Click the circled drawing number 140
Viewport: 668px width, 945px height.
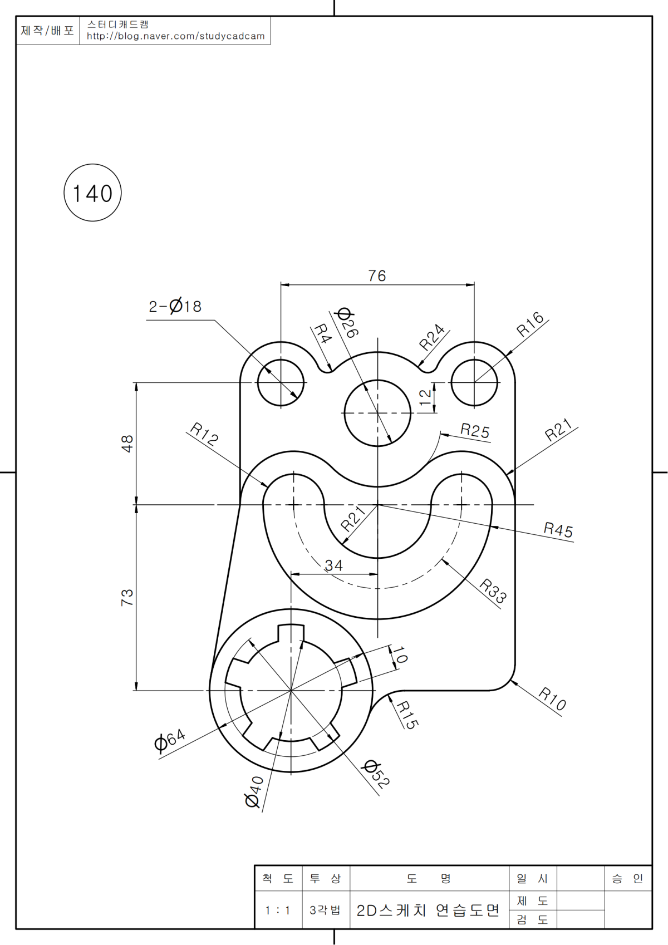(92, 193)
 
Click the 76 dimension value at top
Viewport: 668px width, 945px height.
(377, 275)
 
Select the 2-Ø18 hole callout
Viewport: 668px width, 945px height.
(175, 306)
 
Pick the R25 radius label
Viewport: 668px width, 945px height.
(475, 430)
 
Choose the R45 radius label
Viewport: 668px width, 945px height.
(558, 529)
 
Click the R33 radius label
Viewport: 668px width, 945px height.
(493, 590)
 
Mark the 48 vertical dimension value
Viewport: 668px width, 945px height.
(127, 444)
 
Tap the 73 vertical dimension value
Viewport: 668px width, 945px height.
(127, 597)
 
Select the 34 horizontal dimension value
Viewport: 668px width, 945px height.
(333, 565)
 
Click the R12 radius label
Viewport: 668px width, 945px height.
(204, 434)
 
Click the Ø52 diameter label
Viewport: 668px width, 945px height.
(376, 774)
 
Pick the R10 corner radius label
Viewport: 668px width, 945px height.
(552, 699)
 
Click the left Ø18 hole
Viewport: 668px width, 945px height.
(281, 383)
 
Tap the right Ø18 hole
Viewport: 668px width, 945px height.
(474, 383)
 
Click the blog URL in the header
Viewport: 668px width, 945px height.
(175, 36)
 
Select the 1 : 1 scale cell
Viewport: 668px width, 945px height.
(278, 910)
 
